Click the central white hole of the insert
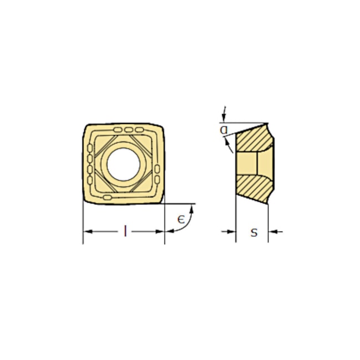click(124, 163)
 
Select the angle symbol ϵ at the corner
click(181, 219)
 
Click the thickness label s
click(254, 233)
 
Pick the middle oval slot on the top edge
click(129, 130)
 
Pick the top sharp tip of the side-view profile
click(268, 124)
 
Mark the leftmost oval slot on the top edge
click(118, 130)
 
